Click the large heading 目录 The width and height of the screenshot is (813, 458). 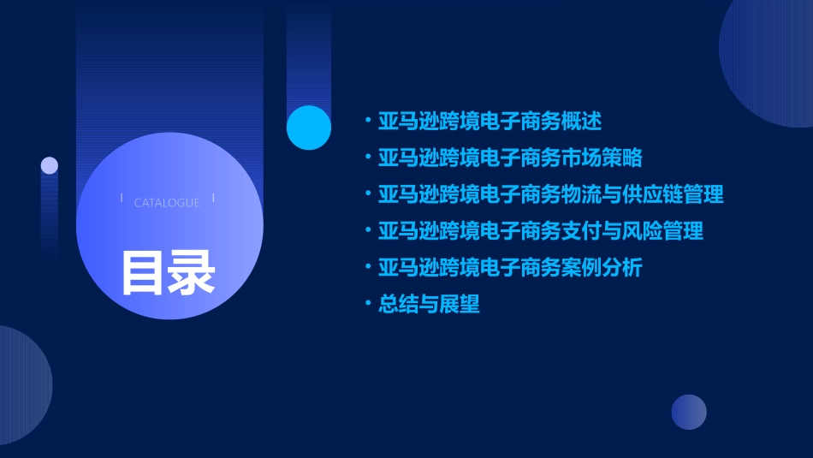pos(168,272)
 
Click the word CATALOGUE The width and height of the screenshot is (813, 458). pos(167,203)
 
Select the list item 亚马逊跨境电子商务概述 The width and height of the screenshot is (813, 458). pos(490,122)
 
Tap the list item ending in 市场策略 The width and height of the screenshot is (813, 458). pos(510,158)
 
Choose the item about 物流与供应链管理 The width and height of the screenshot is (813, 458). pos(551,194)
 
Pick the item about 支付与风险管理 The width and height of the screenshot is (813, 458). pos(541,231)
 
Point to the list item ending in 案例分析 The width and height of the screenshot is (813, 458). pos(510,267)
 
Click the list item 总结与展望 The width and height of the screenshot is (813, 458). pos(430,304)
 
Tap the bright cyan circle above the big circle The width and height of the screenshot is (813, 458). pos(309,128)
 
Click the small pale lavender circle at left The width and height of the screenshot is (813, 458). pos(50,165)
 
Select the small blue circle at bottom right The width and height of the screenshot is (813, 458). pos(689,412)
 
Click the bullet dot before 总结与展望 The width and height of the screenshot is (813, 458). pos(368,303)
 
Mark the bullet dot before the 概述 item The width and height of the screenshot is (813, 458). pos(368,121)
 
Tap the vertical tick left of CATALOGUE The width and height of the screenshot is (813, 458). pos(122,199)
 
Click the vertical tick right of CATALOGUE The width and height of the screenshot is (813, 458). pos(213,199)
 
